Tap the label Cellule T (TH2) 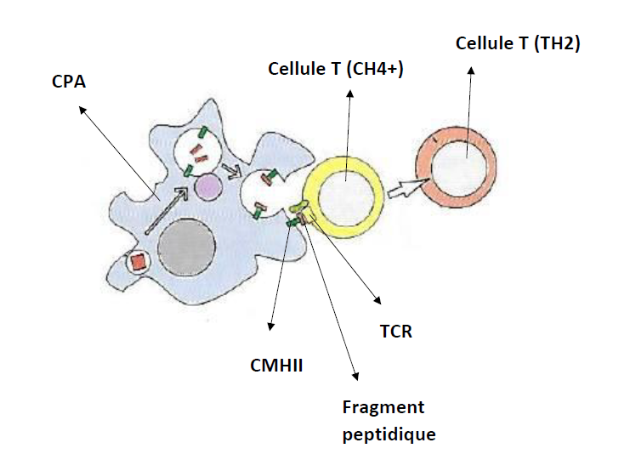517,43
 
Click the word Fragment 383,407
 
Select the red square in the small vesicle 138,263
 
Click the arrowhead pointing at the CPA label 80,108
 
